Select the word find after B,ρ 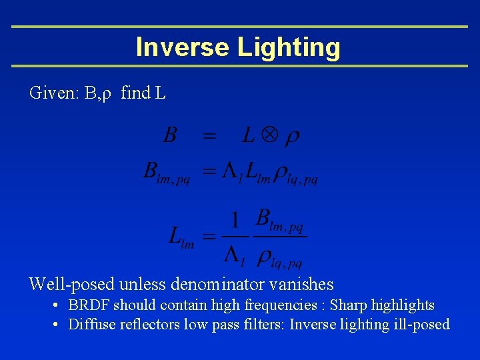tap(136, 93)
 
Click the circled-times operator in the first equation tap(268, 137)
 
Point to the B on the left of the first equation tap(170, 137)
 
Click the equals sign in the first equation tap(209, 137)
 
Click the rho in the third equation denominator tap(265, 254)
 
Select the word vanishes tap(303, 285)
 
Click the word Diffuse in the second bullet tap(90, 325)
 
